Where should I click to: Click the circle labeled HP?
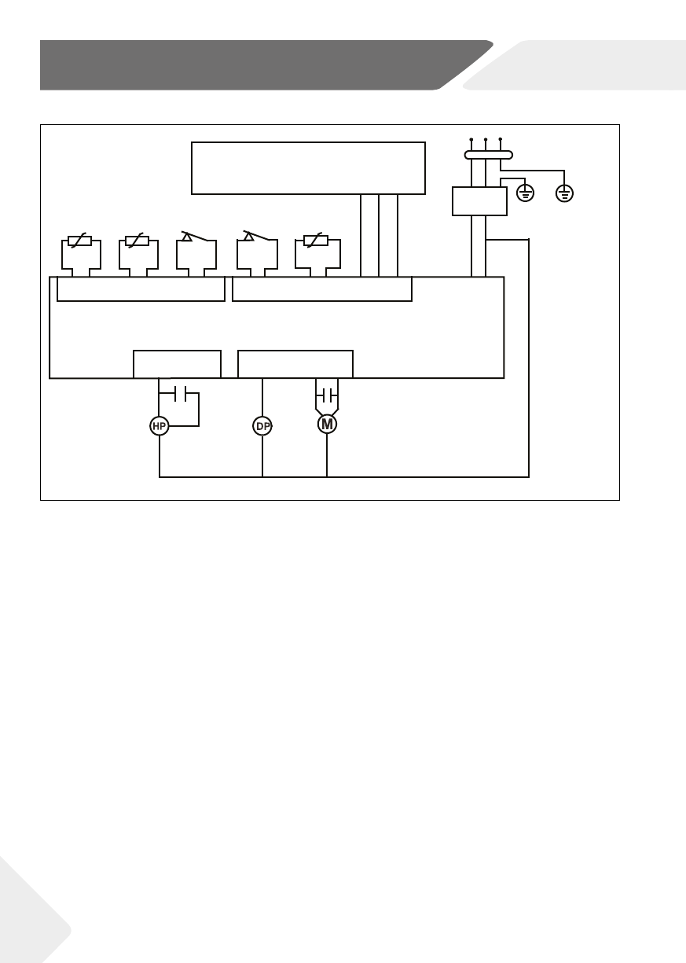160,426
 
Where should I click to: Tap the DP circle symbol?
262,426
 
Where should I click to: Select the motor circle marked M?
327,425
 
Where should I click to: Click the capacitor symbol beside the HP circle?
180,391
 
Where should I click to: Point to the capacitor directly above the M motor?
327,393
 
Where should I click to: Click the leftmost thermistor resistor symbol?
80,241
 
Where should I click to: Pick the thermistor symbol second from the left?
138,241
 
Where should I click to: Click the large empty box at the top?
308,167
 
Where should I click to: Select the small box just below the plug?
479,201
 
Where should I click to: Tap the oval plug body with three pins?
486,155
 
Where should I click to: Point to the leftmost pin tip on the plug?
471,141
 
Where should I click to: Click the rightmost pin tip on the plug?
501,141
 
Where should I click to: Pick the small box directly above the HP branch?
177,364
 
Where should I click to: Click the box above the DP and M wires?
295,364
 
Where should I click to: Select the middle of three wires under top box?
379,235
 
